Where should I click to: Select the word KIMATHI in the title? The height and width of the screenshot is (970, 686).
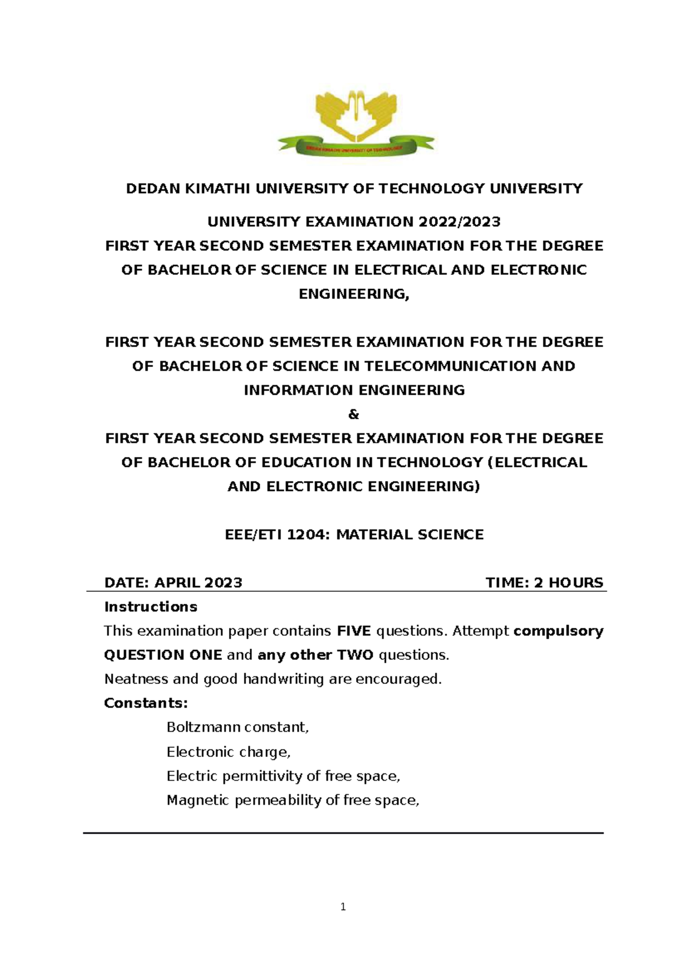[x=217, y=189]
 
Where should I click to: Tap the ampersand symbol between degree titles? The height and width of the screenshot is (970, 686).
[x=353, y=415]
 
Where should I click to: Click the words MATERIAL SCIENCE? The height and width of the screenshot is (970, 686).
[x=409, y=535]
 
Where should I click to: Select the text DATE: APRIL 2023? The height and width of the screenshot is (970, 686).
[x=173, y=583]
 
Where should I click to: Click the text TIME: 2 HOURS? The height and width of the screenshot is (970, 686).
[x=544, y=583]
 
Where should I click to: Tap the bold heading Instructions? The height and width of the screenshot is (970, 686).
[x=150, y=607]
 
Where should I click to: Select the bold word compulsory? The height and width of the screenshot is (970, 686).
[x=558, y=631]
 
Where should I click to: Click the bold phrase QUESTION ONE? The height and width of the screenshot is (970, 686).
[x=163, y=655]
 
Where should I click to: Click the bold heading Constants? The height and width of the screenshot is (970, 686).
[x=146, y=703]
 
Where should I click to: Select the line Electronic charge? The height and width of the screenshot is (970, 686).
[x=229, y=752]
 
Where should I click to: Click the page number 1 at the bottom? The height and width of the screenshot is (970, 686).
[x=343, y=907]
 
